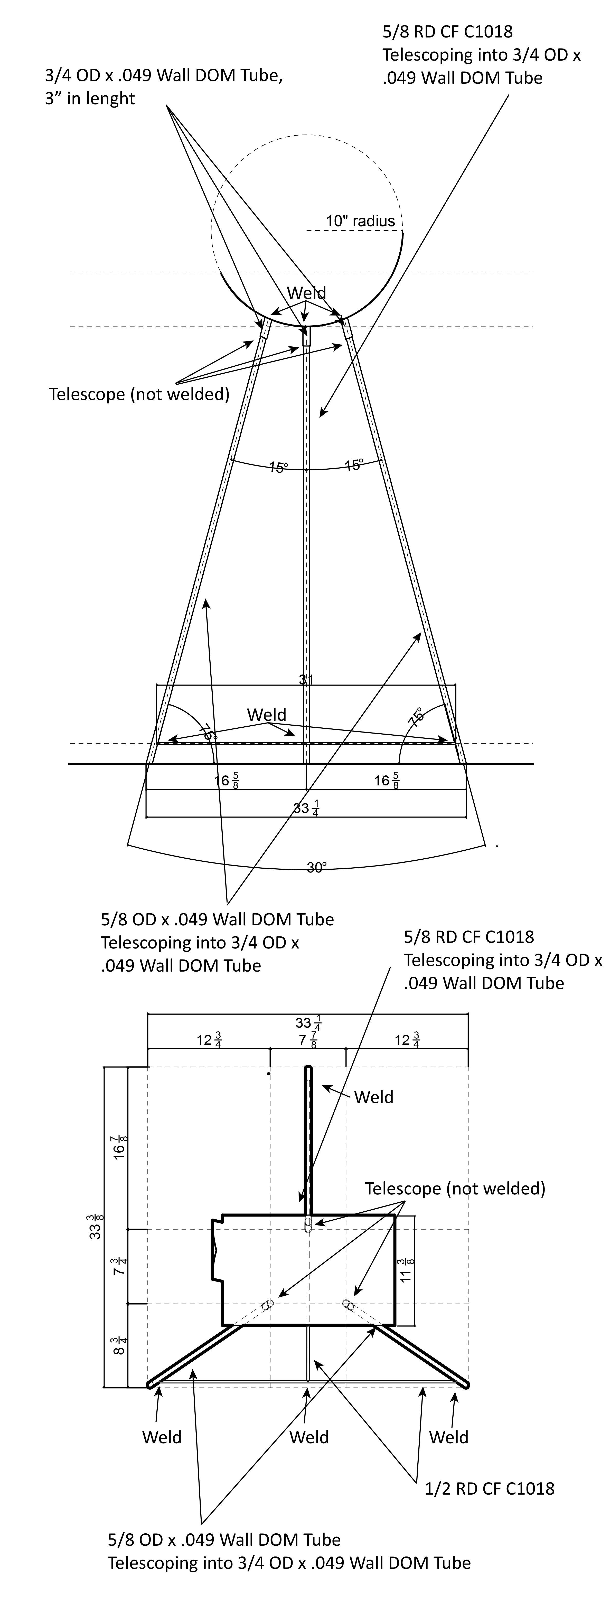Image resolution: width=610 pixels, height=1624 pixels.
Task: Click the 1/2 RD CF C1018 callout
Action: [x=490, y=1488]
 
